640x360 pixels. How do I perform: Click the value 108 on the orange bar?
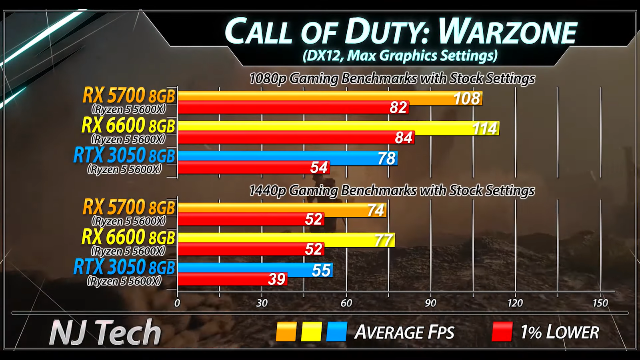[466, 98]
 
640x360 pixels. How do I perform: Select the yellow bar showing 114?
[338, 128]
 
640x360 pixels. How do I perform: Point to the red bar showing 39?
[232, 279]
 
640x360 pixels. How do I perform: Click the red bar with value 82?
[293, 108]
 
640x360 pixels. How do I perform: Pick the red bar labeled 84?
[296, 138]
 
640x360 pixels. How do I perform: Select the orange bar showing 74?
[282, 210]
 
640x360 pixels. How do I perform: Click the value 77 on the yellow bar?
[383, 240]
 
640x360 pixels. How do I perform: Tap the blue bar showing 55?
[255, 270]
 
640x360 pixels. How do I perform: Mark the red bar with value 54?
[254, 167]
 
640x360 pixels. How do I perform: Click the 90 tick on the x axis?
[431, 303]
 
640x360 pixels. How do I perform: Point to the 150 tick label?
[600, 303]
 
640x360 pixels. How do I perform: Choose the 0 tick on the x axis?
[177, 303]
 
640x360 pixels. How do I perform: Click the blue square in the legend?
[336, 332]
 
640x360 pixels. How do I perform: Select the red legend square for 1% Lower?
[502, 332]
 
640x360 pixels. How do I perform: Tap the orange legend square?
[286, 332]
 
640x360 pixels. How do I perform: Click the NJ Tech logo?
[105, 332]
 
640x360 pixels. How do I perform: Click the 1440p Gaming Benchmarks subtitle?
[392, 190]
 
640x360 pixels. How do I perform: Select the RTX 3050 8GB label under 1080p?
[124, 156]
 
